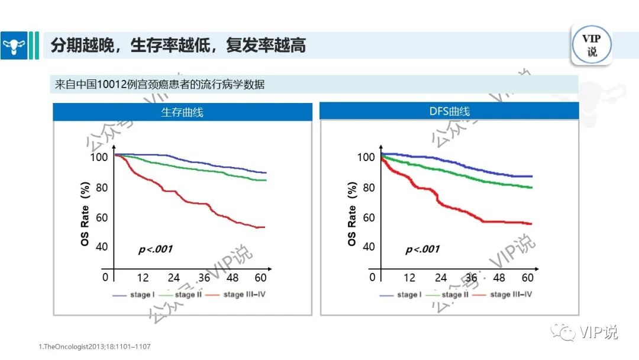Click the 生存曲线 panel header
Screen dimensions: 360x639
pos(182,112)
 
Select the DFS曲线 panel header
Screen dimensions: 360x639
pos(450,112)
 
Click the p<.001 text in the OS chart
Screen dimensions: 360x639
pos(156,249)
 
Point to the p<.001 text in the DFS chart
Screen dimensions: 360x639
pos(422,249)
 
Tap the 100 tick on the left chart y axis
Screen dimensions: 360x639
pos(99,157)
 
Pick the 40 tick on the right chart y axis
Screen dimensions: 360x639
pos(368,246)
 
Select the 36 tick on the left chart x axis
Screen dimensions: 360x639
pos(204,278)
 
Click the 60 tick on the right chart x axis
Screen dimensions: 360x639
pos(528,278)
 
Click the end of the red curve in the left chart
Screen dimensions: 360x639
pos(264,227)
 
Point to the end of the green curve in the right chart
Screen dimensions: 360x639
pos(531,188)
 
